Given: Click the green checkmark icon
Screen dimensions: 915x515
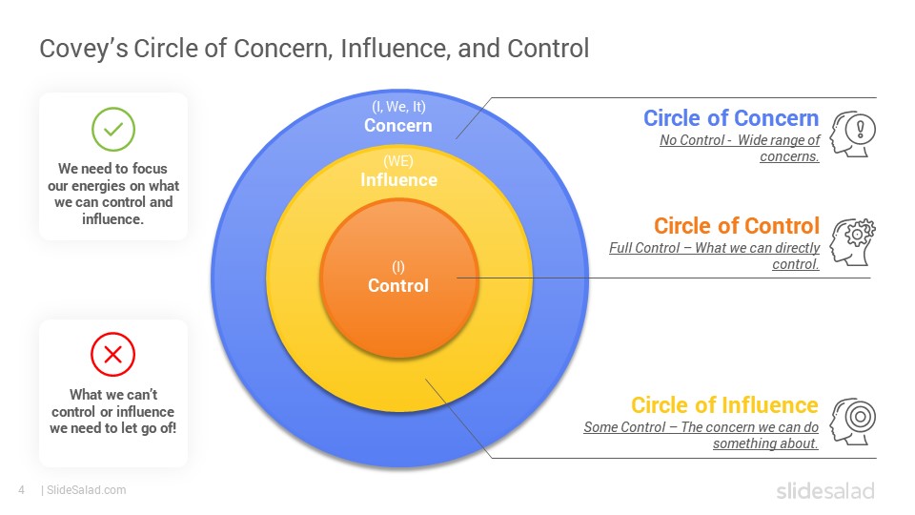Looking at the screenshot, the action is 113,129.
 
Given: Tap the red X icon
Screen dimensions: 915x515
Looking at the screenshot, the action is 112,355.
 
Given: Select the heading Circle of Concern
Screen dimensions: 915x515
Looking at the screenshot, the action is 731,118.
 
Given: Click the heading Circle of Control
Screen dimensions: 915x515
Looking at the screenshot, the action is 737,225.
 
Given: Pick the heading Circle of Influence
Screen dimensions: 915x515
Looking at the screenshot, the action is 724,404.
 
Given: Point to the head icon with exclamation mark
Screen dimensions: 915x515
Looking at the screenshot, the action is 852,134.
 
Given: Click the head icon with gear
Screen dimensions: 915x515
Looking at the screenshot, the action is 852,241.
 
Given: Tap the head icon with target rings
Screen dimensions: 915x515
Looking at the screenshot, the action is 852,421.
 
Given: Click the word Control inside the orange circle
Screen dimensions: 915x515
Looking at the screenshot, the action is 398,285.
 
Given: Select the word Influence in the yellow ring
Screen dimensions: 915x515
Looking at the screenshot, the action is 398,180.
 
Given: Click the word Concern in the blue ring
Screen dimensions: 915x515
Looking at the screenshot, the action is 398,126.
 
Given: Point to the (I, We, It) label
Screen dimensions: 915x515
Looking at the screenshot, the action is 398,106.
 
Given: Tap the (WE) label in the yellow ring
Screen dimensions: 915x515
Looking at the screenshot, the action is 398,160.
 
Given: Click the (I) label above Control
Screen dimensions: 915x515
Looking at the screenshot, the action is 398,267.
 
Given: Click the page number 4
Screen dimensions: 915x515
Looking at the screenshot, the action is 22,490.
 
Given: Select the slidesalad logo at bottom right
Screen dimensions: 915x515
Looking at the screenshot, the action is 825,490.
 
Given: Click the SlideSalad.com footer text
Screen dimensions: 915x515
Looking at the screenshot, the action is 86,490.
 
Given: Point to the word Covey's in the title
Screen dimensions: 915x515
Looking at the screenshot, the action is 84,49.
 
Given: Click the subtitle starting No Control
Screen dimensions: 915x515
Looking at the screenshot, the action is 740,149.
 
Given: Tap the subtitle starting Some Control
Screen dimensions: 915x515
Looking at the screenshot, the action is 701,435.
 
